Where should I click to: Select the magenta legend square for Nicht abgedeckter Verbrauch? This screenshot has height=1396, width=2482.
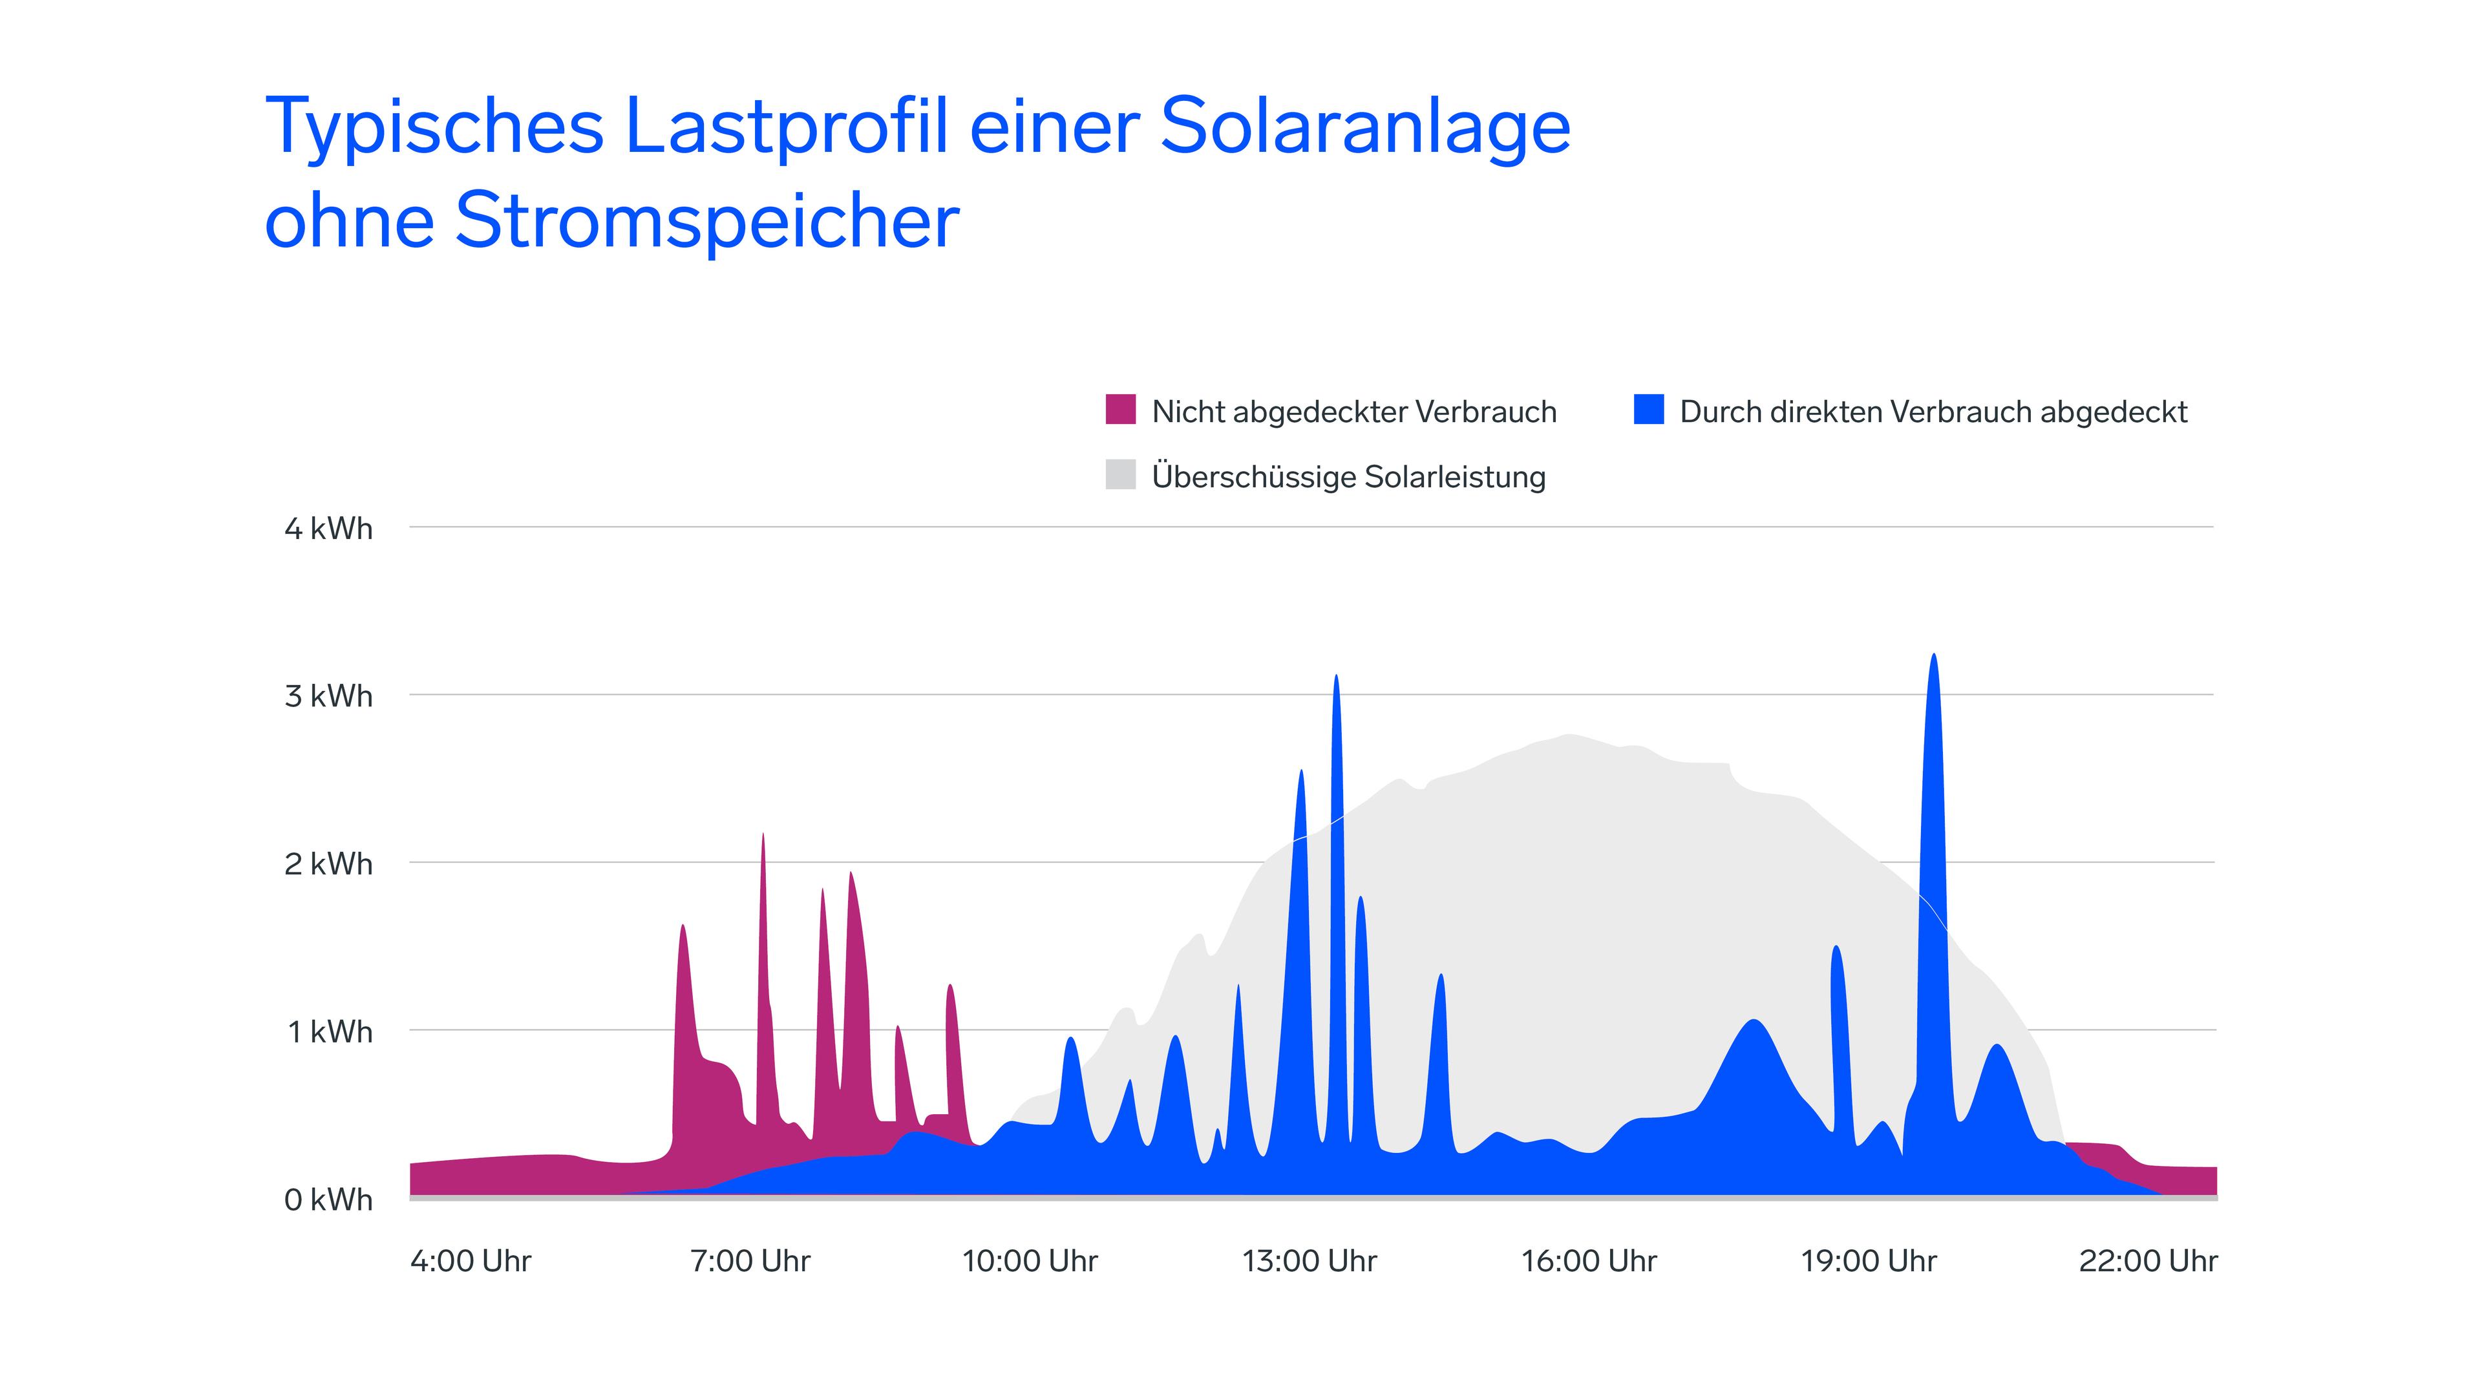[x=1119, y=410]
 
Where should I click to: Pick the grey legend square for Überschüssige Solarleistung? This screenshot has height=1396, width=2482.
[x=1119, y=474]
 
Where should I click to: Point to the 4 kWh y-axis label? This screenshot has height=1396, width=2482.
[x=328, y=528]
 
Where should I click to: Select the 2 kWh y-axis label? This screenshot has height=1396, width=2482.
[x=328, y=863]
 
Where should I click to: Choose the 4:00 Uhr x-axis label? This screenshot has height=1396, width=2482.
[x=470, y=1260]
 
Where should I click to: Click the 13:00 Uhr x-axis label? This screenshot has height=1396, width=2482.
[x=1308, y=1260]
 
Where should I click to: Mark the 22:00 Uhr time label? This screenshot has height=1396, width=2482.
[x=2148, y=1260]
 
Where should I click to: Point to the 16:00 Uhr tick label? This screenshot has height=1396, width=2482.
[x=1588, y=1260]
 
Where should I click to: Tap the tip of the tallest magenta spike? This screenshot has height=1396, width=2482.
[x=763, y=835]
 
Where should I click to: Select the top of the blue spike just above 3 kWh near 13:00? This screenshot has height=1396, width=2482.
[x=1335, y=677]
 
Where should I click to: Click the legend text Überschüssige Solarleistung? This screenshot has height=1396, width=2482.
[x=1348, y=476]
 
